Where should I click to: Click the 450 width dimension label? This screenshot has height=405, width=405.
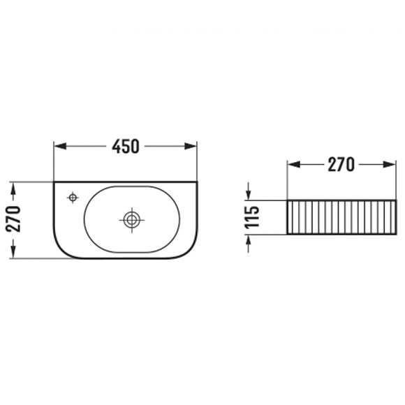pyautogui.click(x=126, y=147)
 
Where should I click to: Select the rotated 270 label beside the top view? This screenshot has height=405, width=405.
pyautogui.click(x=13, y=219)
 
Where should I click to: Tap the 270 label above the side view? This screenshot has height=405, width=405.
pyautogui.click(x=341, y=165)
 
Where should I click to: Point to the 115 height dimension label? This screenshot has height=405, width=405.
pyautogui.click(x=252, y=217)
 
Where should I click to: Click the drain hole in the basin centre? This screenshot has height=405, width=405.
pyautogui.click(x=132, y=220)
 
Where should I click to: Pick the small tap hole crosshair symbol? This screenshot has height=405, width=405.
pyautogui.click(x=73, y=198)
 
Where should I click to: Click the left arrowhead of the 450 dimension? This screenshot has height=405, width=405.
pyautogui.click(x=60, y=146)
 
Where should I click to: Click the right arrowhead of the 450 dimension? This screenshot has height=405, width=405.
pyautogui.click(x=191, y=146)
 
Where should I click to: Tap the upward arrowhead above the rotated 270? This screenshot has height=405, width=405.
pyautogui.click(x=13, y=189)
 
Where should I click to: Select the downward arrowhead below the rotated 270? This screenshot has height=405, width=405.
pyautogui.click(x=13, y=252)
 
